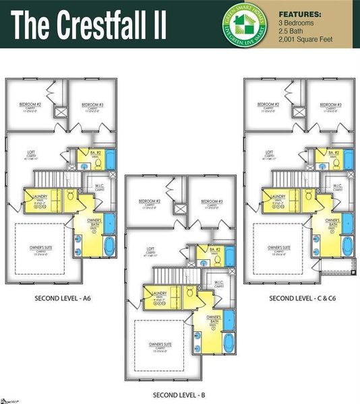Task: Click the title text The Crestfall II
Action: click(x=88, y=25)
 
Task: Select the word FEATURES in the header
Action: click(x=299, y=13)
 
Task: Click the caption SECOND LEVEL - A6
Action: click(x=61, y=297)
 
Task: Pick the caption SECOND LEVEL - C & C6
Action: click(x=300, y=297)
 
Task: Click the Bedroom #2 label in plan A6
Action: click(x=31, y=104)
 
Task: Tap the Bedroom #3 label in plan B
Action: click(x=210, y=201)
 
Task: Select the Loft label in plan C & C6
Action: click(x=269, y=151)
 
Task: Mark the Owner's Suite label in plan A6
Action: click(x=41, y=247)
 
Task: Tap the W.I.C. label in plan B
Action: click(x=219, y=282)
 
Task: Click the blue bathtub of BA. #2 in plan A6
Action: click(x=111, y=159)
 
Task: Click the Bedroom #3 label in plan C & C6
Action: click(x=330, y=104)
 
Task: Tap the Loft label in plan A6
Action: click(x=30, y=151)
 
